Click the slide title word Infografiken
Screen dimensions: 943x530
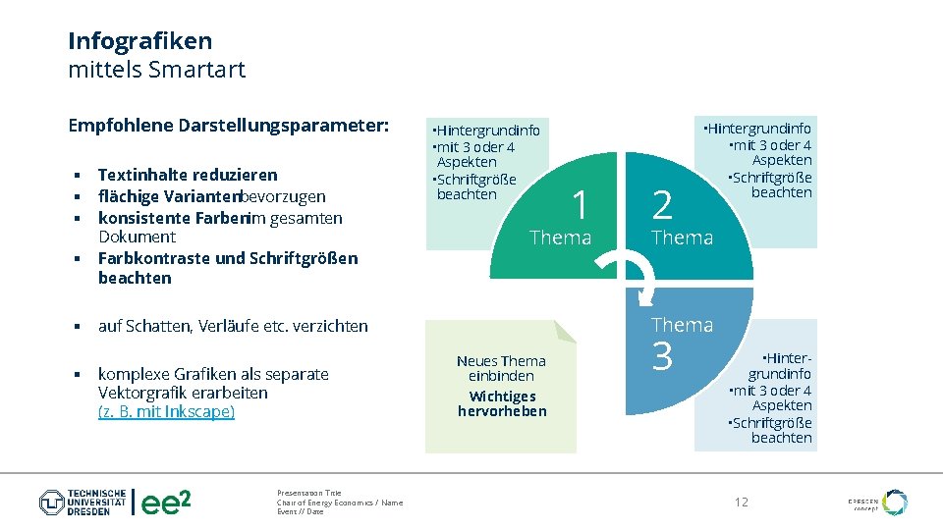point(139,41)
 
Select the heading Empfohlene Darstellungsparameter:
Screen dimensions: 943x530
point(228,126)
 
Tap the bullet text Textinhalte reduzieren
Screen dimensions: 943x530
point(188,175)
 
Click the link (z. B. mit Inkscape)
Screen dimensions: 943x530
point(166,411)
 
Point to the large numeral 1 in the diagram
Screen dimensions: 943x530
point(580,206)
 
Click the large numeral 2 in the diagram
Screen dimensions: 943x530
point(663,206)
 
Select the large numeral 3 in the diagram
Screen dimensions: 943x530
point(663,357)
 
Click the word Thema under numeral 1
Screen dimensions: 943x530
point(560,238)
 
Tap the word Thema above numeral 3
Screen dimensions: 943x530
point(682,325)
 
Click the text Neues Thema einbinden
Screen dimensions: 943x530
point(501,368)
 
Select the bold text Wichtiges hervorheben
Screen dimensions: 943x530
point(502,403)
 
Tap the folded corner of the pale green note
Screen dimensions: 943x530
point(564,331)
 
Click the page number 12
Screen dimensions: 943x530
point(742,503)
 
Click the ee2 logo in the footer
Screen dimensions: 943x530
point(166,503)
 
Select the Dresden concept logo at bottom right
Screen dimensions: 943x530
point(879,503)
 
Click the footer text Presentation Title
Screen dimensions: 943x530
point(309,493)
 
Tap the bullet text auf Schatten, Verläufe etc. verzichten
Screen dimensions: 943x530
point(233,326)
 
